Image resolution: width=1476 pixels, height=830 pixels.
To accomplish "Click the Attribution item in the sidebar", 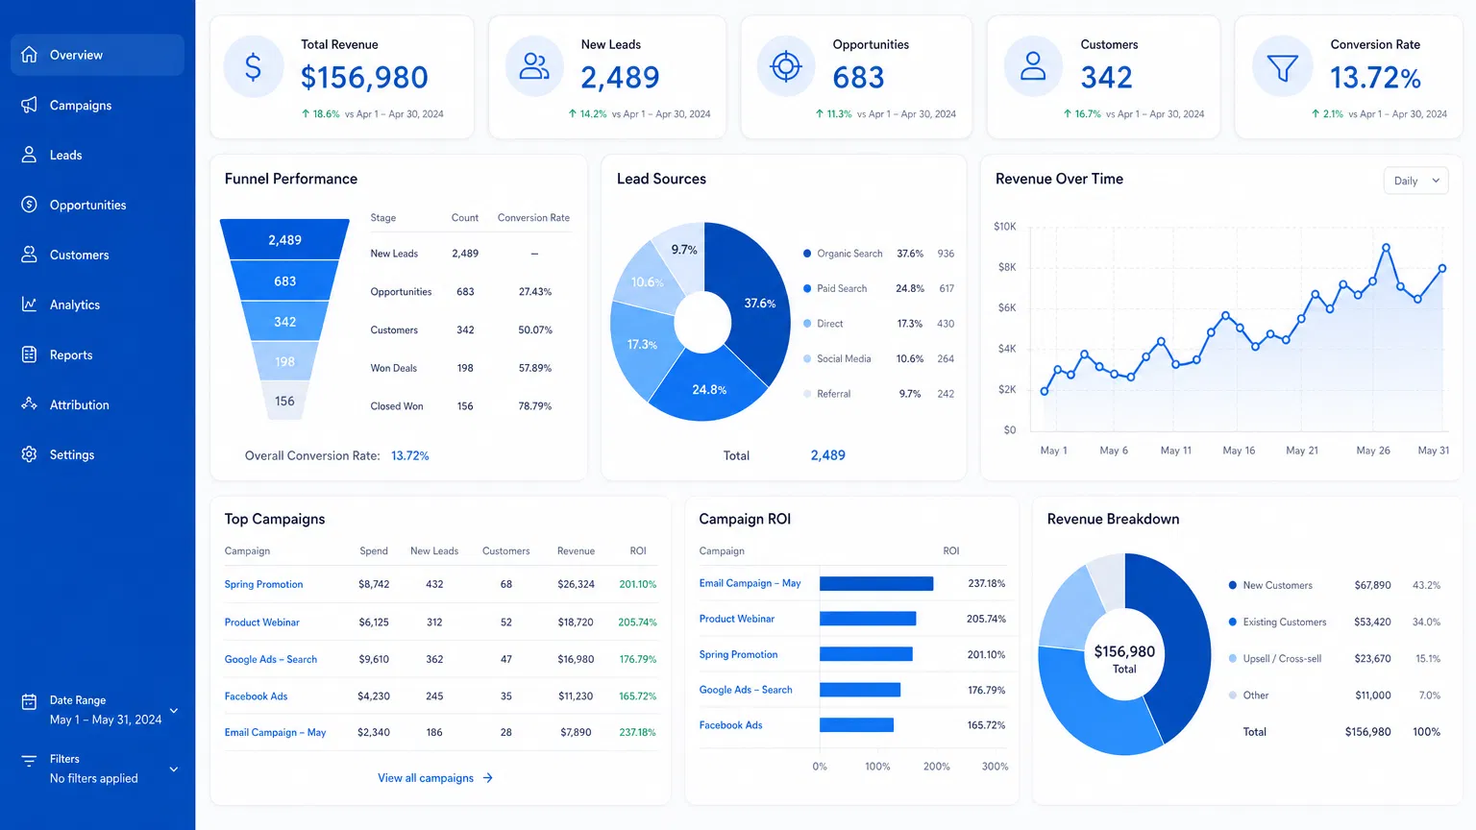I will (x=79, y=404).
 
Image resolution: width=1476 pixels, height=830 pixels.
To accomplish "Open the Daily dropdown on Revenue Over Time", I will (x=1415, y=181).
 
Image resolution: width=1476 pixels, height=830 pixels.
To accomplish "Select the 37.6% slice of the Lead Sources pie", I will (x=759, y=304).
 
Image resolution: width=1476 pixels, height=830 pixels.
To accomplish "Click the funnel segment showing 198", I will (x=284, y=361).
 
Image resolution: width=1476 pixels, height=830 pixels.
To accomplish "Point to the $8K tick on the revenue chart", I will (x=1006, y=267).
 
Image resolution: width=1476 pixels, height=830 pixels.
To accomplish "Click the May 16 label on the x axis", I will (x=1239, y=451).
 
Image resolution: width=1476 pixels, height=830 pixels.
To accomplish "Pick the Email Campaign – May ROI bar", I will (x=875, y=583).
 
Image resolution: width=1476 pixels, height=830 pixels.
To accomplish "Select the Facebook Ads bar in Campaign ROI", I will (x=856, y=725).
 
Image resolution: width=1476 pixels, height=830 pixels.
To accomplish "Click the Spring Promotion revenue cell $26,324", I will (x=576, y=584).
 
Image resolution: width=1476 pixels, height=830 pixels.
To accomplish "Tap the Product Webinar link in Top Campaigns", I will (x=262, y=622).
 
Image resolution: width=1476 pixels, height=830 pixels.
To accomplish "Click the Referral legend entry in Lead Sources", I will (x=833, y=394).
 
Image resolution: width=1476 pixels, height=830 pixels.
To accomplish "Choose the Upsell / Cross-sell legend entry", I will (x=1281, y=659).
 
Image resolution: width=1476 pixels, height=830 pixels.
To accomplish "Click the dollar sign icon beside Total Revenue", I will (x=253, y=67).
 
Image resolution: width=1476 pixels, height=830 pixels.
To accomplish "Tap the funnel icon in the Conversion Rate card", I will (x=1282, y=67).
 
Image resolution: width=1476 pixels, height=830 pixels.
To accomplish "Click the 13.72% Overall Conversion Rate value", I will (x=410, y=456).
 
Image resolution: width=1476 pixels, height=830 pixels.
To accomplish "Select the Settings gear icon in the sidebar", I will (x=30, y=454).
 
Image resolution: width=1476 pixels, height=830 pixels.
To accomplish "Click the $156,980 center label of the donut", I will (x=1124, y=652).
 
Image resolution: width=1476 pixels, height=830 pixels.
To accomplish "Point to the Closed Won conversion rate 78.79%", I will (x=534, y=406).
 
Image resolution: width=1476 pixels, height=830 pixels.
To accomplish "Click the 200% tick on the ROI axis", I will (x=936, y=767).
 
